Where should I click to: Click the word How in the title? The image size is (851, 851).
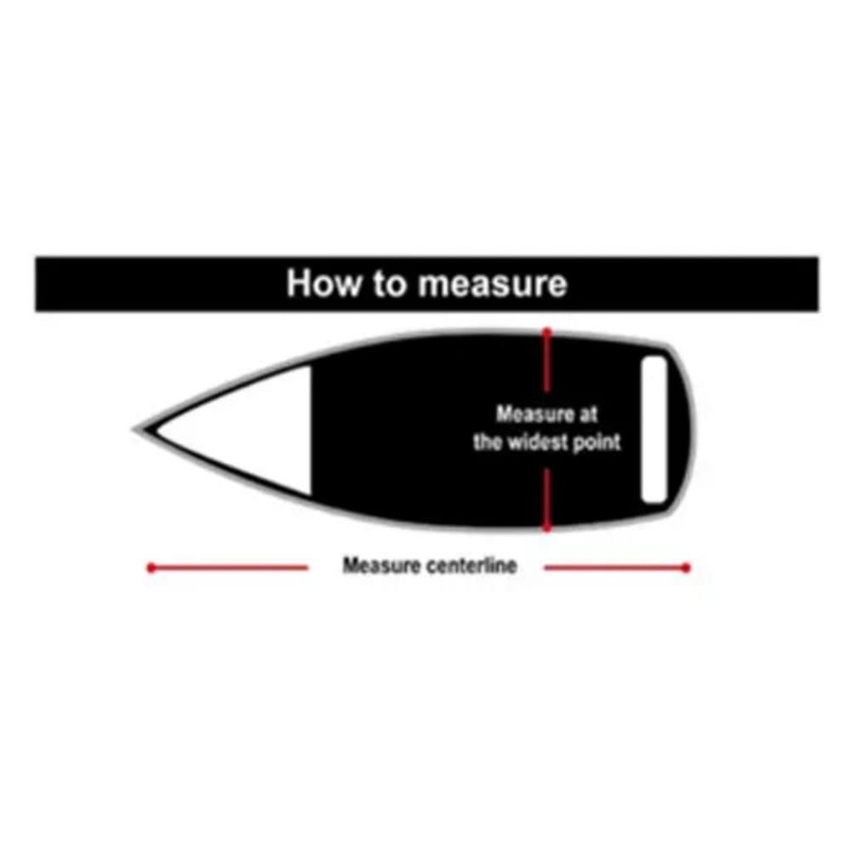coord(323,283)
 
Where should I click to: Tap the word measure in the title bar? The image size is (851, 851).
coord(492,285)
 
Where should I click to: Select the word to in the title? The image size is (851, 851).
coord(389,283)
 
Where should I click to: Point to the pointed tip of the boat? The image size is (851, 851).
coord(134,430)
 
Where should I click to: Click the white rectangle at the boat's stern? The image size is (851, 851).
coord(654,429)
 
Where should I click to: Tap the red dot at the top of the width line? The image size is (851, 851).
coord(547,331)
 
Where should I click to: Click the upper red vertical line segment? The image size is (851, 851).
coord(547,360)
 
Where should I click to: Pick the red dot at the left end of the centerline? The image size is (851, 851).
coord(151,568)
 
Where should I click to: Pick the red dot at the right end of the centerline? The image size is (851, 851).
coord(686,568)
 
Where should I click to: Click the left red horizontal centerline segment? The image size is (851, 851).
coord(228,568)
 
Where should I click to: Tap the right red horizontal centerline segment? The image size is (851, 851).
coord(616,568)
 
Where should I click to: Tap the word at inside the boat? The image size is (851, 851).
coord(588,414)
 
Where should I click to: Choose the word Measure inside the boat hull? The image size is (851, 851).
coord(535,414)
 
